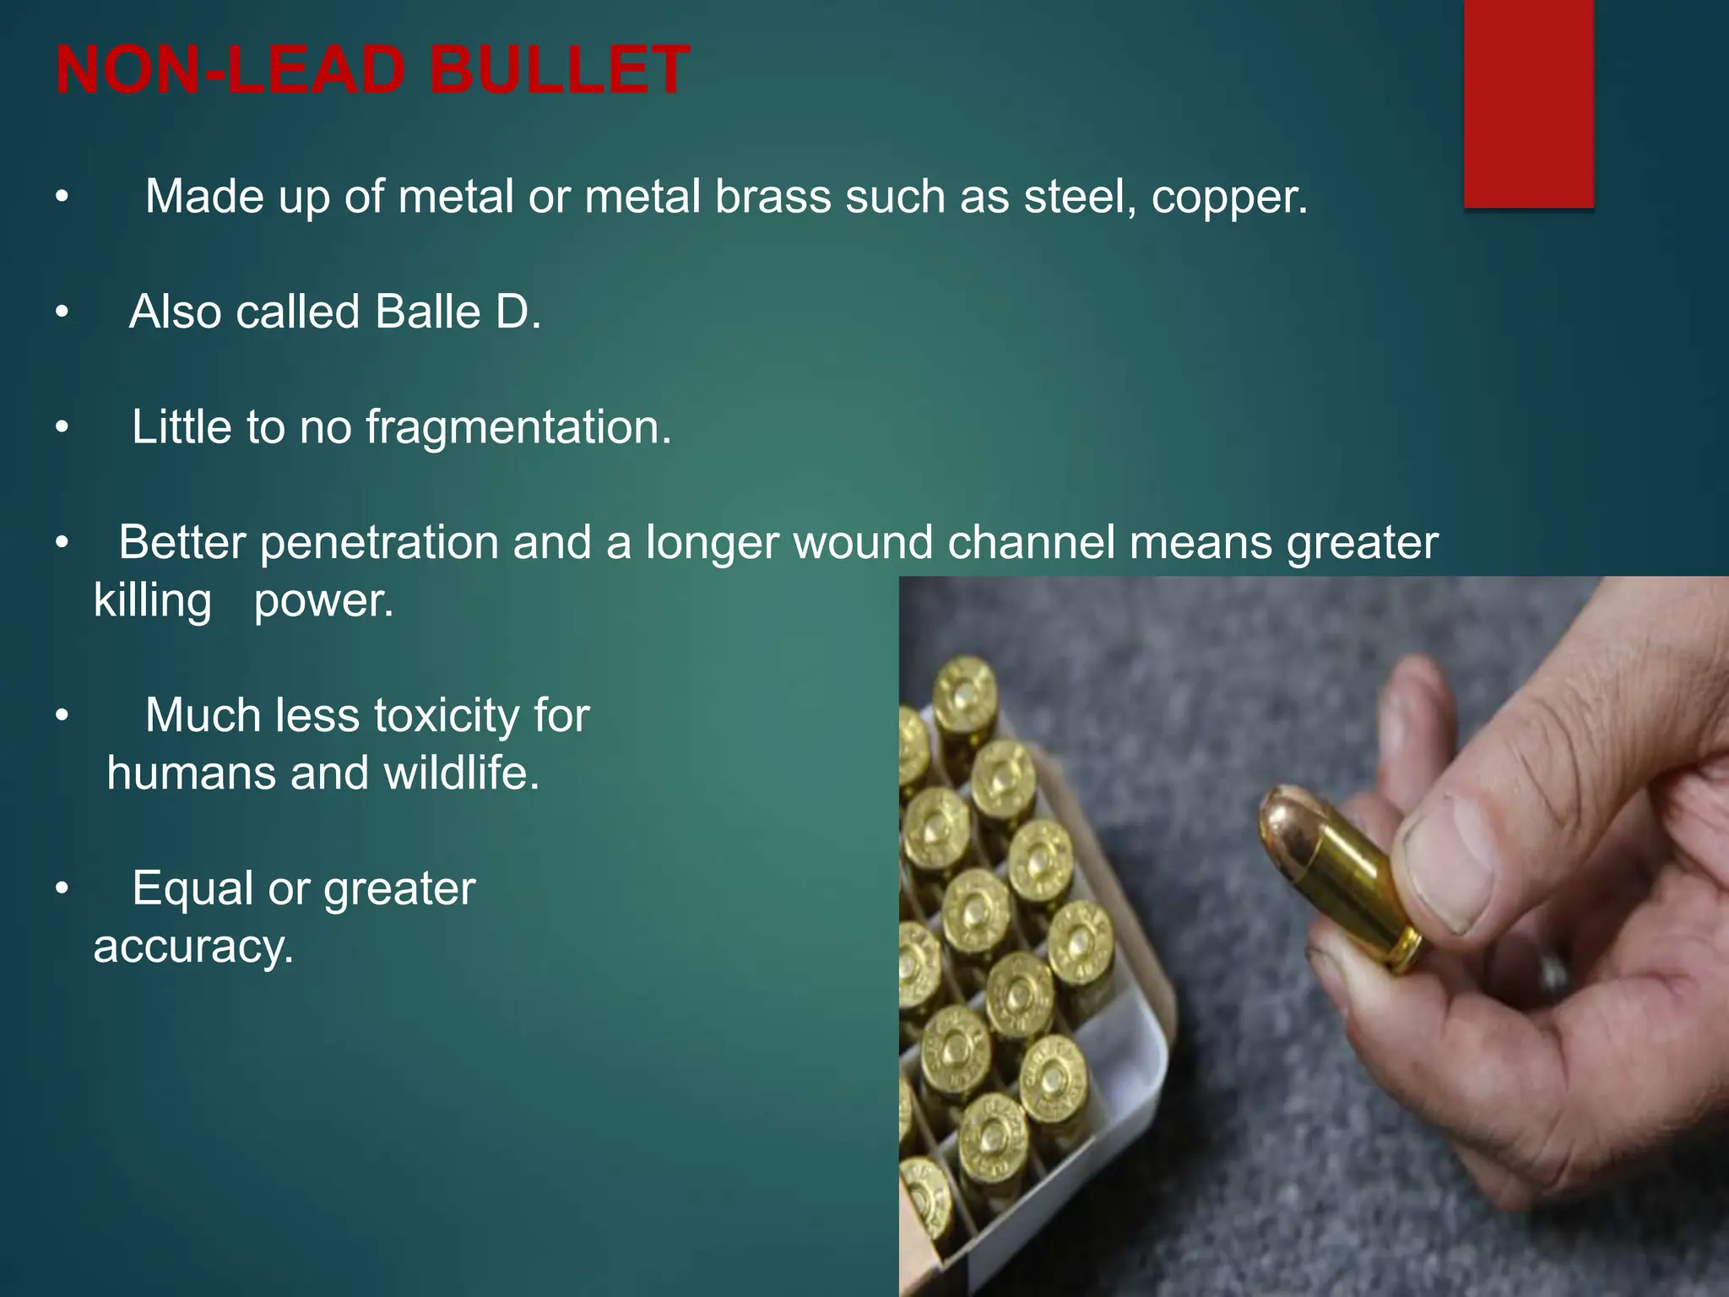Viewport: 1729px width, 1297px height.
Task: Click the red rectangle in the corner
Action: point(1528,103)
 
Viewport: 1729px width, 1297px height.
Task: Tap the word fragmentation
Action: point(518,427)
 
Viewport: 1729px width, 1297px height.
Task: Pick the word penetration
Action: point(379,543)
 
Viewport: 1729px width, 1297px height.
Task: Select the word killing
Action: point(152,601)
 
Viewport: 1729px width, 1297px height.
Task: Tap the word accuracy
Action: point(193,947)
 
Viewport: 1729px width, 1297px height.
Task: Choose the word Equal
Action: point(192,889)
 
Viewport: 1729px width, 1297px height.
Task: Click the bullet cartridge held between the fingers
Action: point(1342,878)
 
